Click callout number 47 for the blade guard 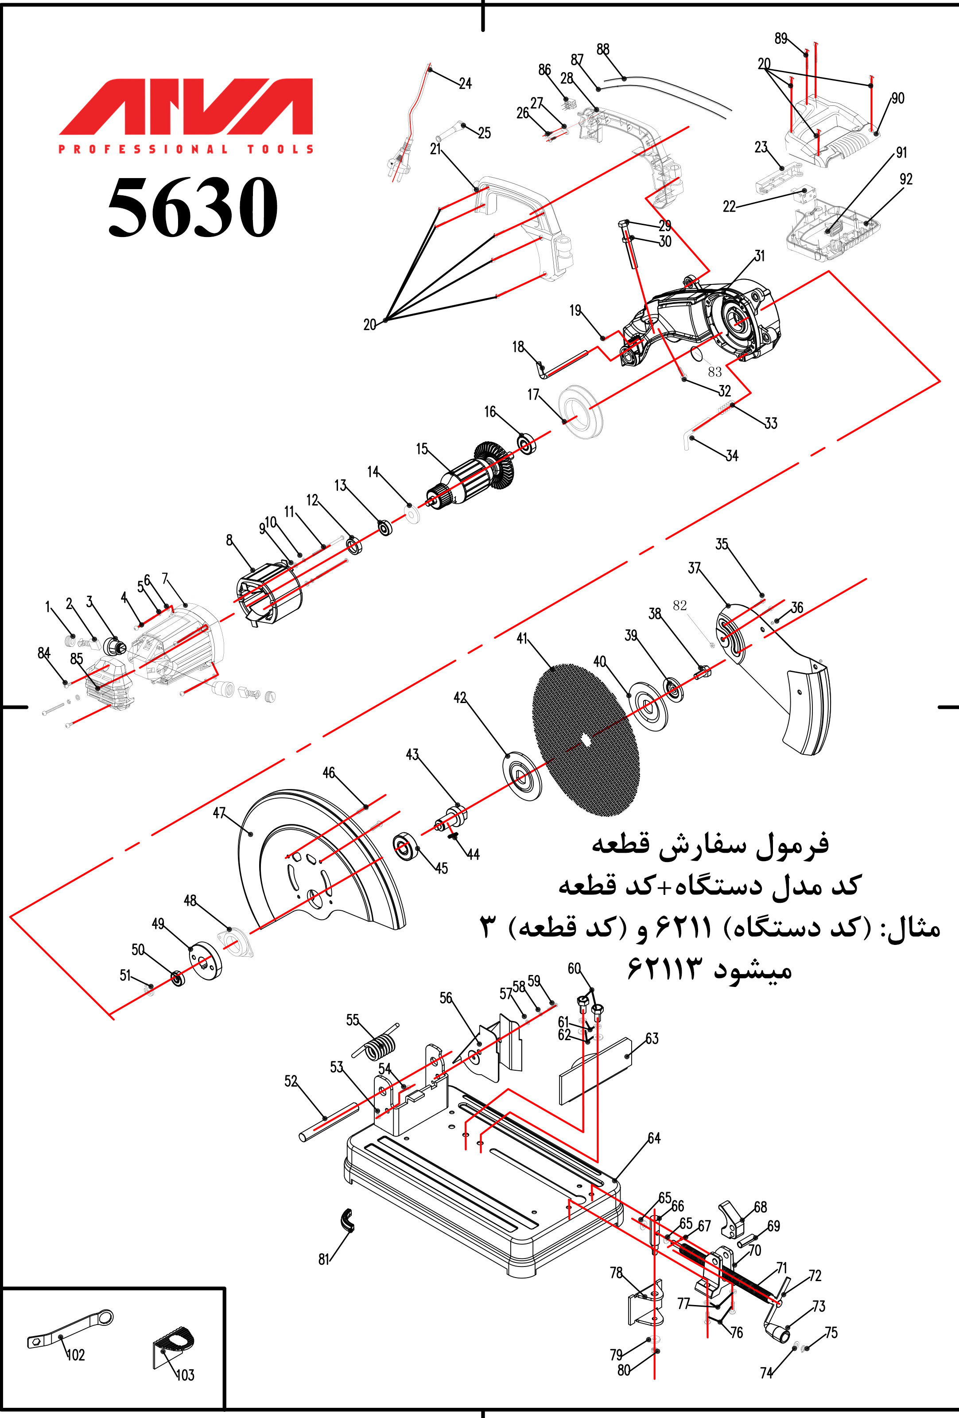[219, 813]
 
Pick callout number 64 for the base [654, 1138]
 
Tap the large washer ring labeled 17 [581, 412]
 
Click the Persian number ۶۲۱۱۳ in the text [665, 968]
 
